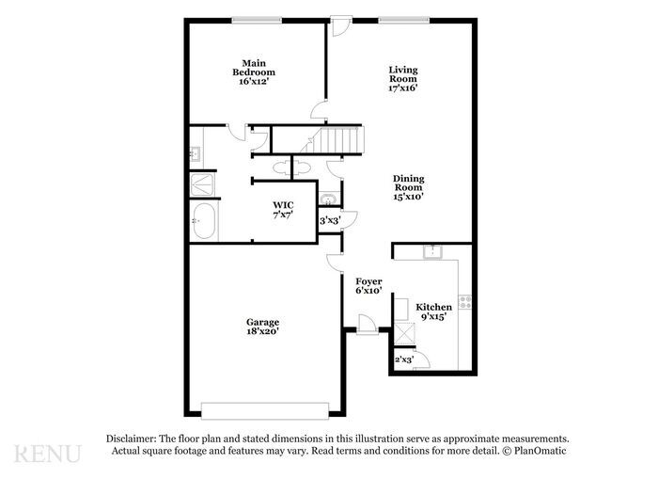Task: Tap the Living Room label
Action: [403, 73]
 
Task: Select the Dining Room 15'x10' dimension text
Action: [409, 197]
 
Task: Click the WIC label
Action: [283, 204]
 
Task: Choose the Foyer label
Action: [368, 281]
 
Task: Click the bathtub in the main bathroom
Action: [204, 223]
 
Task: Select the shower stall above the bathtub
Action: [203, 184]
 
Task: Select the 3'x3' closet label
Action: [329, 221]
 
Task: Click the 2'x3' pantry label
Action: [404, 359]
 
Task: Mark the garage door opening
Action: [265, 409]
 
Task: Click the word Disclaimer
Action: [131, 439]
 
